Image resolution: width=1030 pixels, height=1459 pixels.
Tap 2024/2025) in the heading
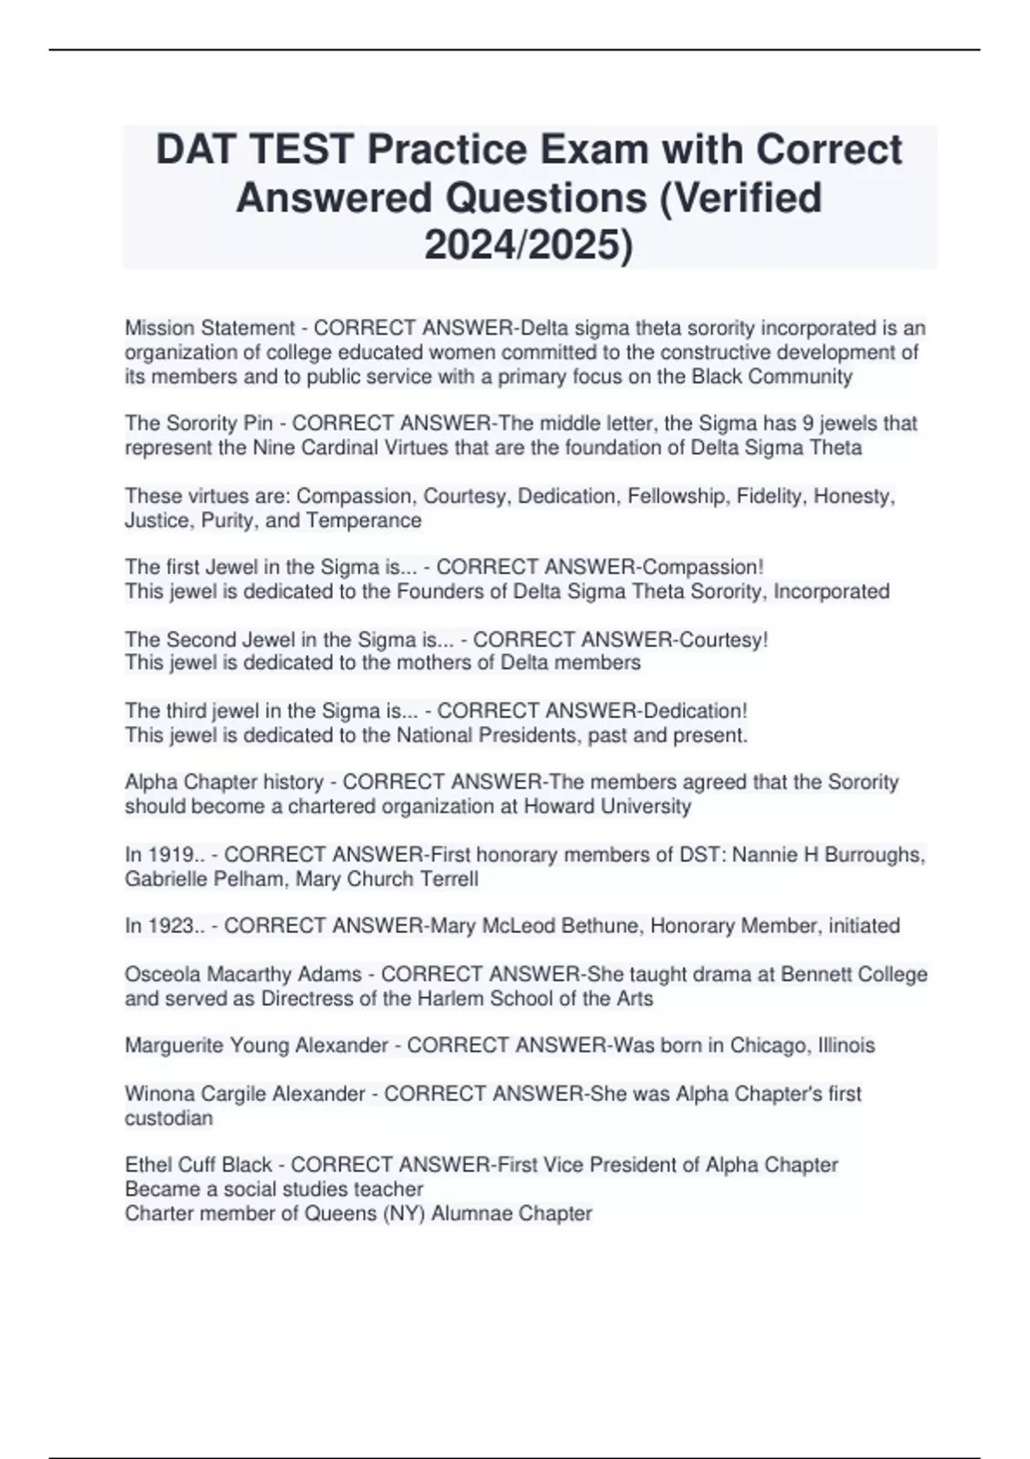529,245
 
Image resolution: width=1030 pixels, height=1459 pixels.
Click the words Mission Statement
209,328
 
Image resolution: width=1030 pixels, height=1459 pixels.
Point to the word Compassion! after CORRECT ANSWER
703,567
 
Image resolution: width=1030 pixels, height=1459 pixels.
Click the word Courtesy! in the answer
724,639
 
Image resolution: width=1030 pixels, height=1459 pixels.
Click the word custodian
168,1118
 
